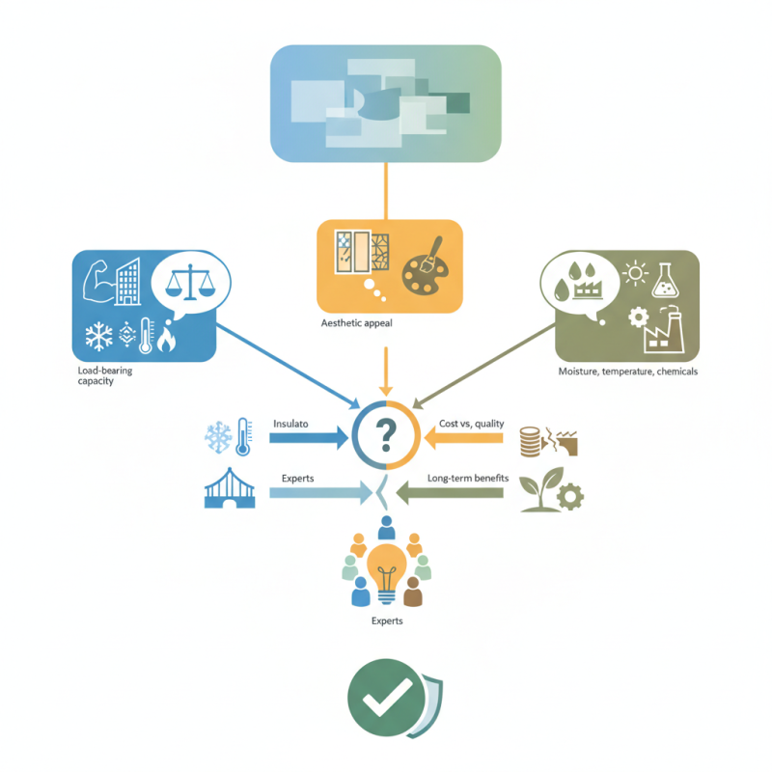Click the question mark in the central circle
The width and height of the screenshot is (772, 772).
tap(386, 435)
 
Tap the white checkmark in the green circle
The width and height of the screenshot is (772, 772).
tap(387, 697)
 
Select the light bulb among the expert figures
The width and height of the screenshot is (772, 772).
tap(387, 574)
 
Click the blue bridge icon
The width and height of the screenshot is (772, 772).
tap(230, 488)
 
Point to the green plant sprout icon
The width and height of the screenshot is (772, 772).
tap(540, 489)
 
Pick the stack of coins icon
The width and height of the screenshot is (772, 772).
tap(530, 442)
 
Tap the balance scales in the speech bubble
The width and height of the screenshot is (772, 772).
tap(190, 282)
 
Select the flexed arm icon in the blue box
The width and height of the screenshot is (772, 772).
tap(98, 281)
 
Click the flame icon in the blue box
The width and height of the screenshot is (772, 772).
tap(166, 337)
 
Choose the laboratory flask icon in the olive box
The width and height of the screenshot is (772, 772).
tap(665, 280)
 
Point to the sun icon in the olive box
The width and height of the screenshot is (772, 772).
tap(635, 273)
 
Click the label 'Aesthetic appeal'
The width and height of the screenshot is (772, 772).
tap(356, 323)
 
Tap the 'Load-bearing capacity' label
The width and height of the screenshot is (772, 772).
tap(105, 375)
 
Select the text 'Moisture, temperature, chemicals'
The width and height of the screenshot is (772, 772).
tap(628, 372)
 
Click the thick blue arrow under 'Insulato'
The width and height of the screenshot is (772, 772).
tap(309, 438)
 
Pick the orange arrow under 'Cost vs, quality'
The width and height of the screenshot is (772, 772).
tap(463, 438)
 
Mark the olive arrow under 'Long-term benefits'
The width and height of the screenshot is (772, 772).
tap(450, 493)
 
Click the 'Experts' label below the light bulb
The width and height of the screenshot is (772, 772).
tap(387, 620)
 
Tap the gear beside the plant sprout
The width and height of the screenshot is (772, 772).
tap(570, 497)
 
